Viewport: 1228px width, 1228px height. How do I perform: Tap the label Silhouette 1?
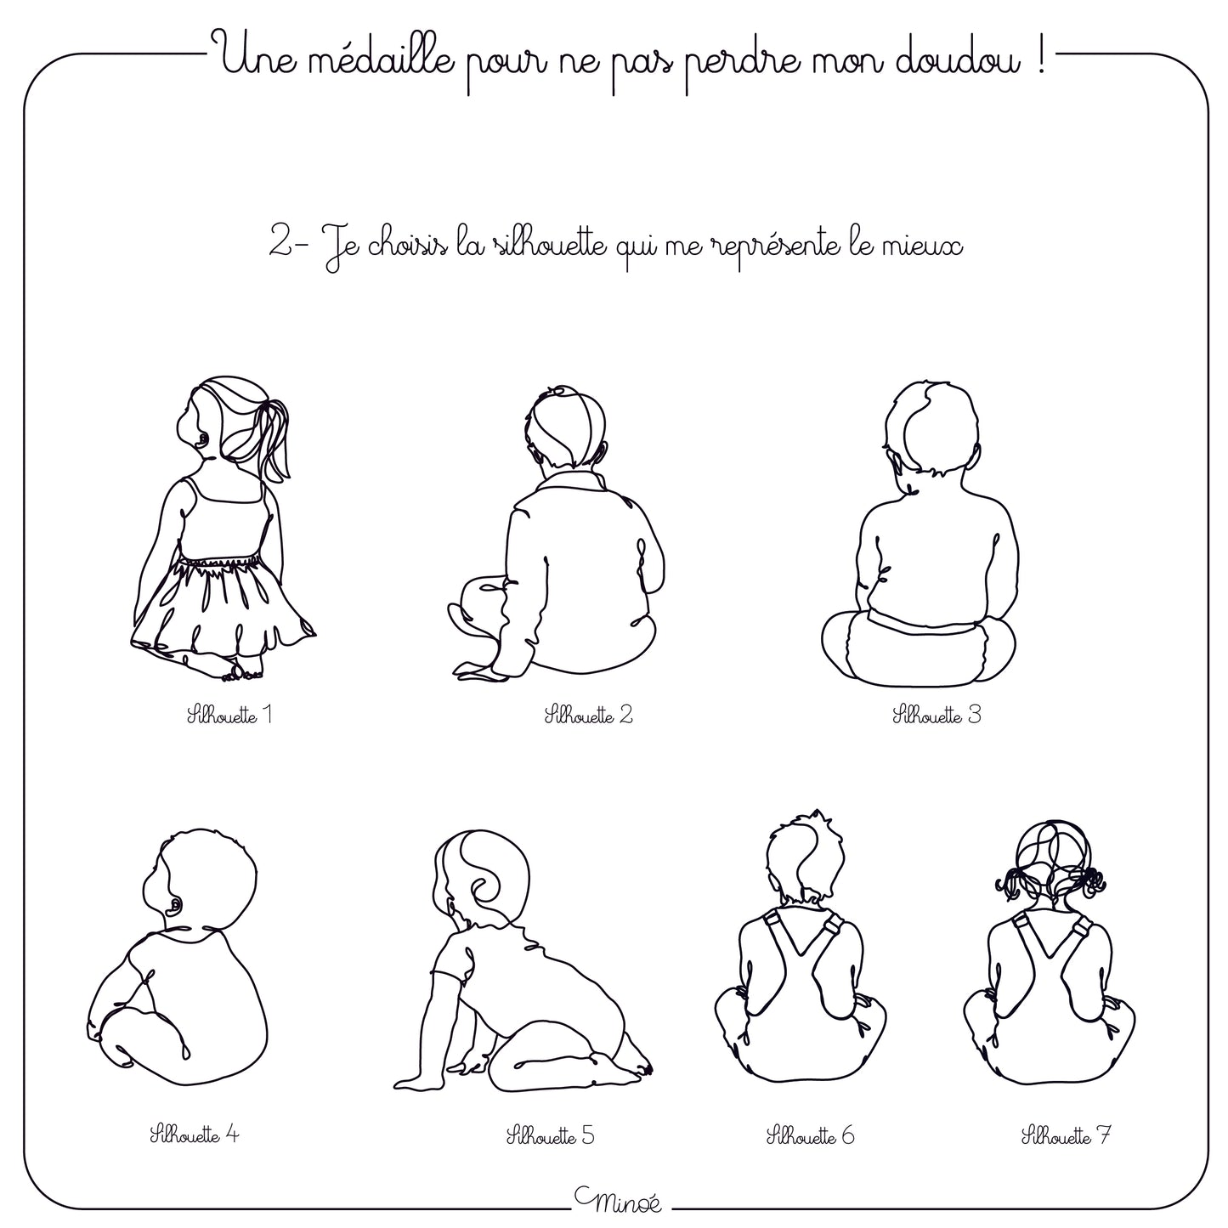230,715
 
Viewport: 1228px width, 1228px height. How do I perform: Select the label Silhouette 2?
588,715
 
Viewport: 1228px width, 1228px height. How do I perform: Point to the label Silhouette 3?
937,715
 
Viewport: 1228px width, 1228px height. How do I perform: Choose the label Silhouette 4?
195,1135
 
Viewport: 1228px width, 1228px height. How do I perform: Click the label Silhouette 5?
550,1135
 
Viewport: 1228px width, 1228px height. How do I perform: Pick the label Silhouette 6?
810,1135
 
